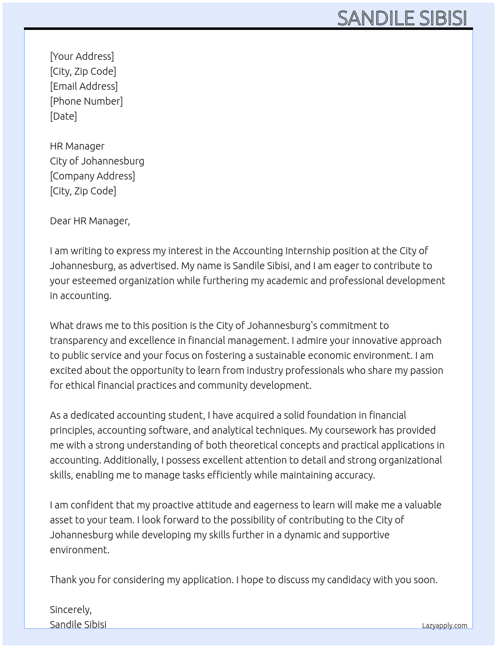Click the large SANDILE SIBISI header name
pos(402,18)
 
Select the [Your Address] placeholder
pos(82,56)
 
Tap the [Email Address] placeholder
pos(84,86)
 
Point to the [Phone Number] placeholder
pos(86,101)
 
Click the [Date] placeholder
pos(63,116)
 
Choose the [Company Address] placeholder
pos(92,176)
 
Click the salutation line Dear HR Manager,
pos(90,221)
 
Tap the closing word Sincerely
pos(70,610)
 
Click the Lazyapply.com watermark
pos(444,626)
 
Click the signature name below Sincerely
pos(78,625)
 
